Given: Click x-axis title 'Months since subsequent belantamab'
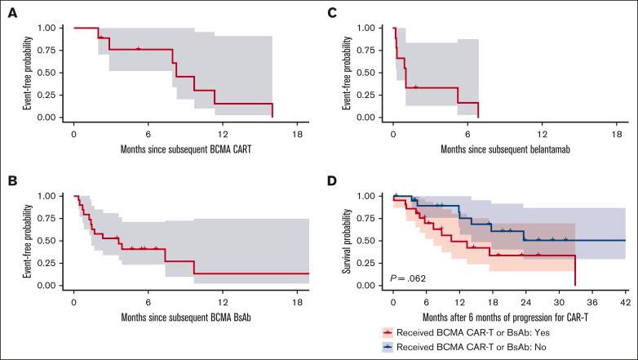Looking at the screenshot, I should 504,149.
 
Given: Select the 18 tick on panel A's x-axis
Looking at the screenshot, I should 296,133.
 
